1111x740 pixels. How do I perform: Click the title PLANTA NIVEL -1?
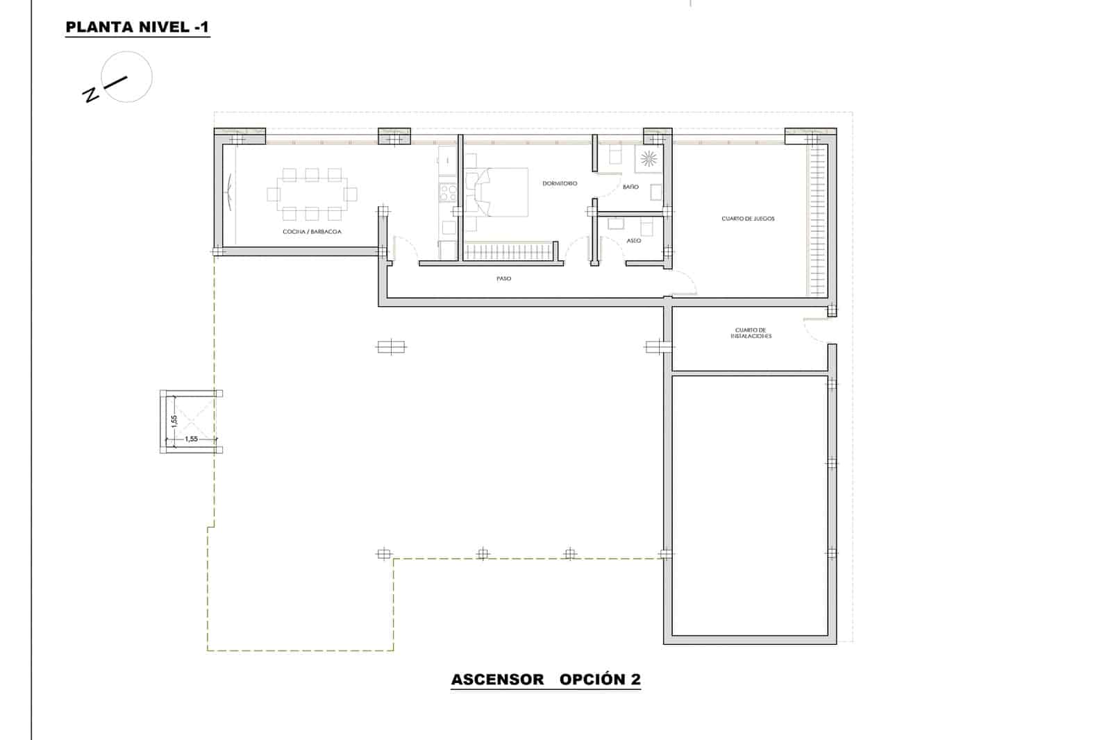click(x=137, y=28)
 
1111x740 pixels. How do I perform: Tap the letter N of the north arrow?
click(x=90, y=95)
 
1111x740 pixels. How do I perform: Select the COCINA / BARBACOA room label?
click(x=312, y=232)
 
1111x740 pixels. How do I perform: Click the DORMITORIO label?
click(x=560, y=184)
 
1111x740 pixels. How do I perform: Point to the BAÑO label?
click(x=630, y=187)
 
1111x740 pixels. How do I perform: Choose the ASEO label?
click(x=633, y=241)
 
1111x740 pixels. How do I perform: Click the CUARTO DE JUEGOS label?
click(x=748, y=219)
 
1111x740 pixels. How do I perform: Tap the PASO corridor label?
click(x=503, y=279)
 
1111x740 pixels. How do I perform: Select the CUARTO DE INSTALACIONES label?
click(x=751, y=333)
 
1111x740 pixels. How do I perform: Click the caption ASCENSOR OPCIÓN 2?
click(x=546, y=680)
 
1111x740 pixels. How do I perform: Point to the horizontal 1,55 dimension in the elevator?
click(x=191, y=439)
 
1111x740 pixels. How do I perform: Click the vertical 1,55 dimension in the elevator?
click(x=174, y=421)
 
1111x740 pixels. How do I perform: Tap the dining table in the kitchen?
click(x=311, y=194)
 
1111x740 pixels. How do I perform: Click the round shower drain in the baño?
click(x=648, y=159)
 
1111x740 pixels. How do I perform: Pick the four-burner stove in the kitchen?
click(x=448, y=191)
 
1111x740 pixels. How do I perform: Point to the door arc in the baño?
click(x=610, y=186)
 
